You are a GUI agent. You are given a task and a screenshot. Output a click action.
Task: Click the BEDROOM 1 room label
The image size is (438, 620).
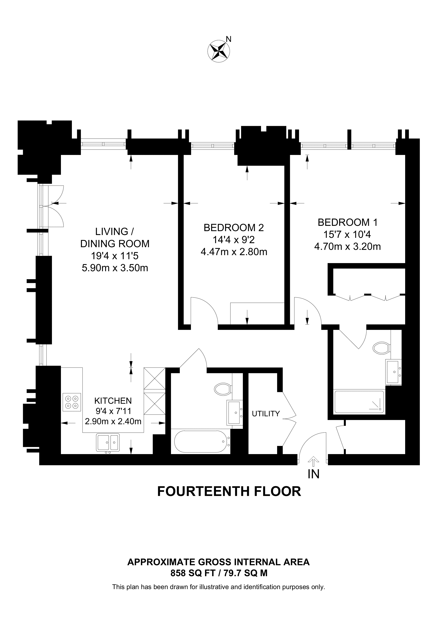[348, 222]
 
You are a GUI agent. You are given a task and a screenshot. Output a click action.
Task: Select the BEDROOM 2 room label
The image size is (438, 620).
[234, 228]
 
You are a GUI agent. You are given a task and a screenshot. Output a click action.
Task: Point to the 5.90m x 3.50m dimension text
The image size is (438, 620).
[115, 268]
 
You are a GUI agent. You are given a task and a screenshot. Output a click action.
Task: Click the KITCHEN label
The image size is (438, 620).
[113, 401]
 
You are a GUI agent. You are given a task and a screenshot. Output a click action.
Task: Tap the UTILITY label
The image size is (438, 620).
[266, 413]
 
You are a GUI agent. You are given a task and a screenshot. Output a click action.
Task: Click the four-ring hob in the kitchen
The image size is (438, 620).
[72, 402]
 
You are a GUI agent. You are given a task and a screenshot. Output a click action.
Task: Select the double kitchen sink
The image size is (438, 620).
[108, 442]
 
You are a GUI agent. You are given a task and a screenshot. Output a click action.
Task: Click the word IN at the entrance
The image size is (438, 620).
[314, 474]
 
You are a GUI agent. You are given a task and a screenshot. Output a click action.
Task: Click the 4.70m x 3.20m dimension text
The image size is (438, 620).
[348, 247]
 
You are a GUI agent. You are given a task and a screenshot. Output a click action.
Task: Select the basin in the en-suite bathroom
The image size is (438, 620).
[393, 372]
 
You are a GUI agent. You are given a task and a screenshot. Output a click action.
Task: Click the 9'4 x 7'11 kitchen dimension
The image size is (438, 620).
[113, 411]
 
